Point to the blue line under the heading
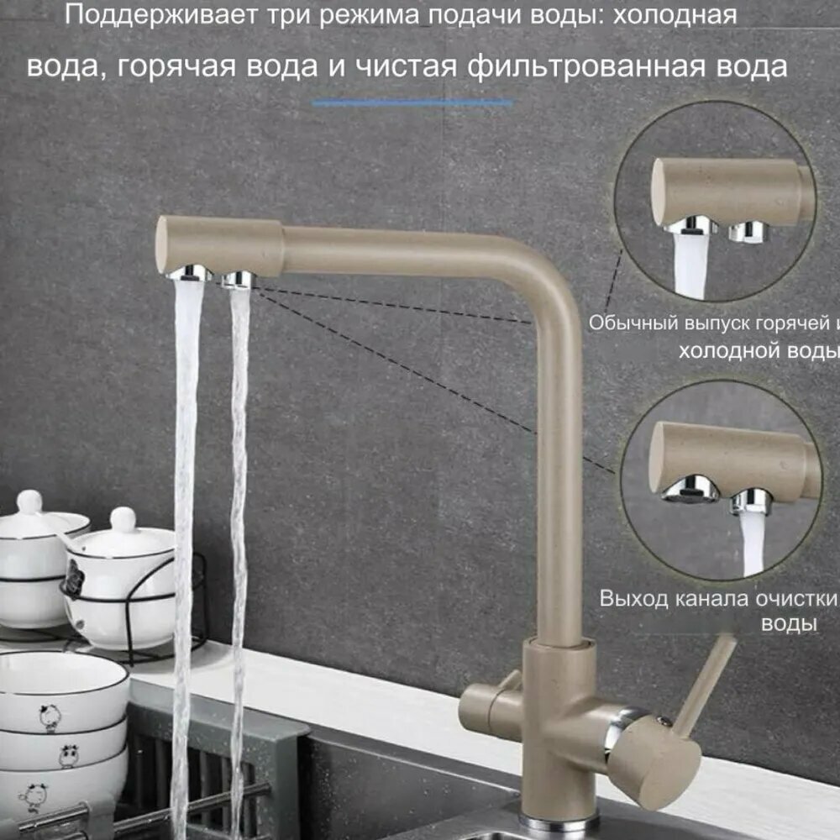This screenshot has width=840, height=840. pos(412,103)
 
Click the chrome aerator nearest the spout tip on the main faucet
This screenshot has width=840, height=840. pos(190,272)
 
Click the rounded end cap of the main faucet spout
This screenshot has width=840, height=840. pos(167,244)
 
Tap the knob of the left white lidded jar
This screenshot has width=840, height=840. pos(30,501)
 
